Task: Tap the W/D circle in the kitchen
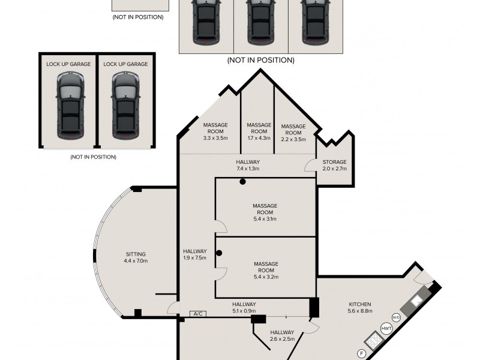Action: (395, 317)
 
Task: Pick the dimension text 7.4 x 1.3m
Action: (247, 169)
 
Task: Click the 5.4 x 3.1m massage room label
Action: (265, 212)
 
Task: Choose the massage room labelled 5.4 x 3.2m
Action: (266, 270)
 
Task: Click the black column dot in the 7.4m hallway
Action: (242, 181)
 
